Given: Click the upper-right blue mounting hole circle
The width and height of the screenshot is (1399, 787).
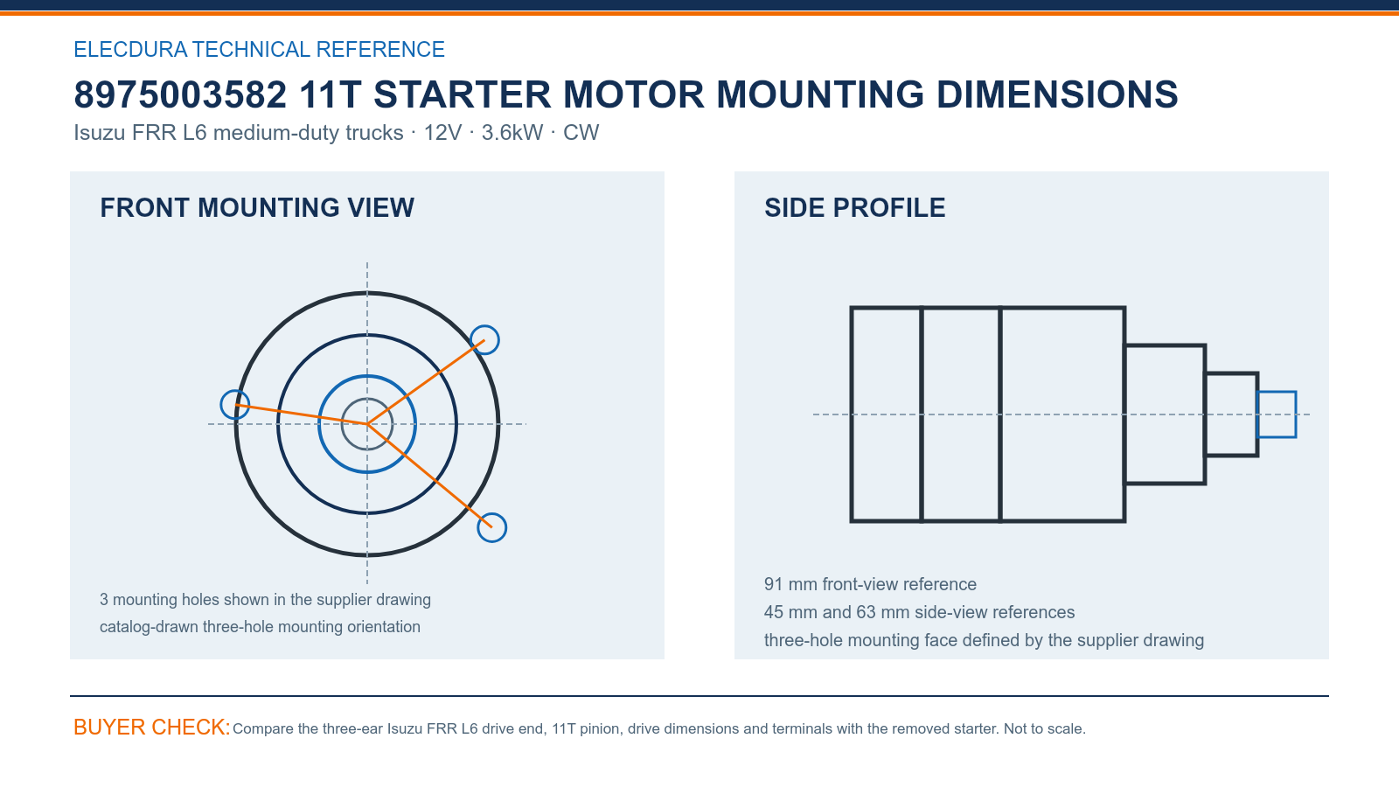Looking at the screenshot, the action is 484,327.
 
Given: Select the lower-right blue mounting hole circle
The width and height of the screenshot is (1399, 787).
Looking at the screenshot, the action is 492,513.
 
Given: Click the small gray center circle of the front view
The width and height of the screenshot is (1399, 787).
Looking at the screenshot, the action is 367,399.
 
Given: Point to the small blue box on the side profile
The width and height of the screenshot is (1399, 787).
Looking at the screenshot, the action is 1276,393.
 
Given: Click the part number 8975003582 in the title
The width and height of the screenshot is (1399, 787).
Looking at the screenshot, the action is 180,95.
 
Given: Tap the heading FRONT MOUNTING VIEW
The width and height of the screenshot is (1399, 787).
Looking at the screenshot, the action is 257,208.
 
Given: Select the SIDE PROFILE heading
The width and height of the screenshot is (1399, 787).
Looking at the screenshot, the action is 854,208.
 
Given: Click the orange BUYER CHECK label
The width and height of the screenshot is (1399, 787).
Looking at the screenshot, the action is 152,727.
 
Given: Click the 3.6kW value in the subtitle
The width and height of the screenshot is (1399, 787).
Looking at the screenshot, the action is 512,132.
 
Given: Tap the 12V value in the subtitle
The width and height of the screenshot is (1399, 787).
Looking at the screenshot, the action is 442,132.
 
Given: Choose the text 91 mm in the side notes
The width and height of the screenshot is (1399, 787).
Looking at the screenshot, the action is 790,584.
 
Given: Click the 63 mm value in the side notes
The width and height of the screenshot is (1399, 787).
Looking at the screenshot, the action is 882,612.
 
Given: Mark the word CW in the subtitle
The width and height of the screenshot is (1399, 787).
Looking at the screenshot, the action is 581,132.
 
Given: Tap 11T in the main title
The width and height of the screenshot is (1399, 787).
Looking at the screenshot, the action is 331,95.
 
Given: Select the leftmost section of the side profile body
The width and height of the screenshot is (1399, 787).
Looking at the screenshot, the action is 887,414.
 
